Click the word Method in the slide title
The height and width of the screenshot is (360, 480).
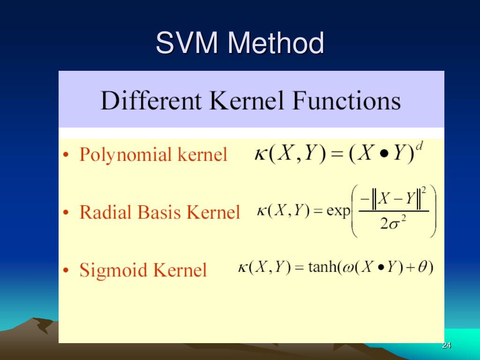click(276, 43)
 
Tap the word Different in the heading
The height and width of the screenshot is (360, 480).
click(151, 101)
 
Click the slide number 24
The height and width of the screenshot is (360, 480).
click(446, 345)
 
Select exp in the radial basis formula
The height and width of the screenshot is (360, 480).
click(338, 211)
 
